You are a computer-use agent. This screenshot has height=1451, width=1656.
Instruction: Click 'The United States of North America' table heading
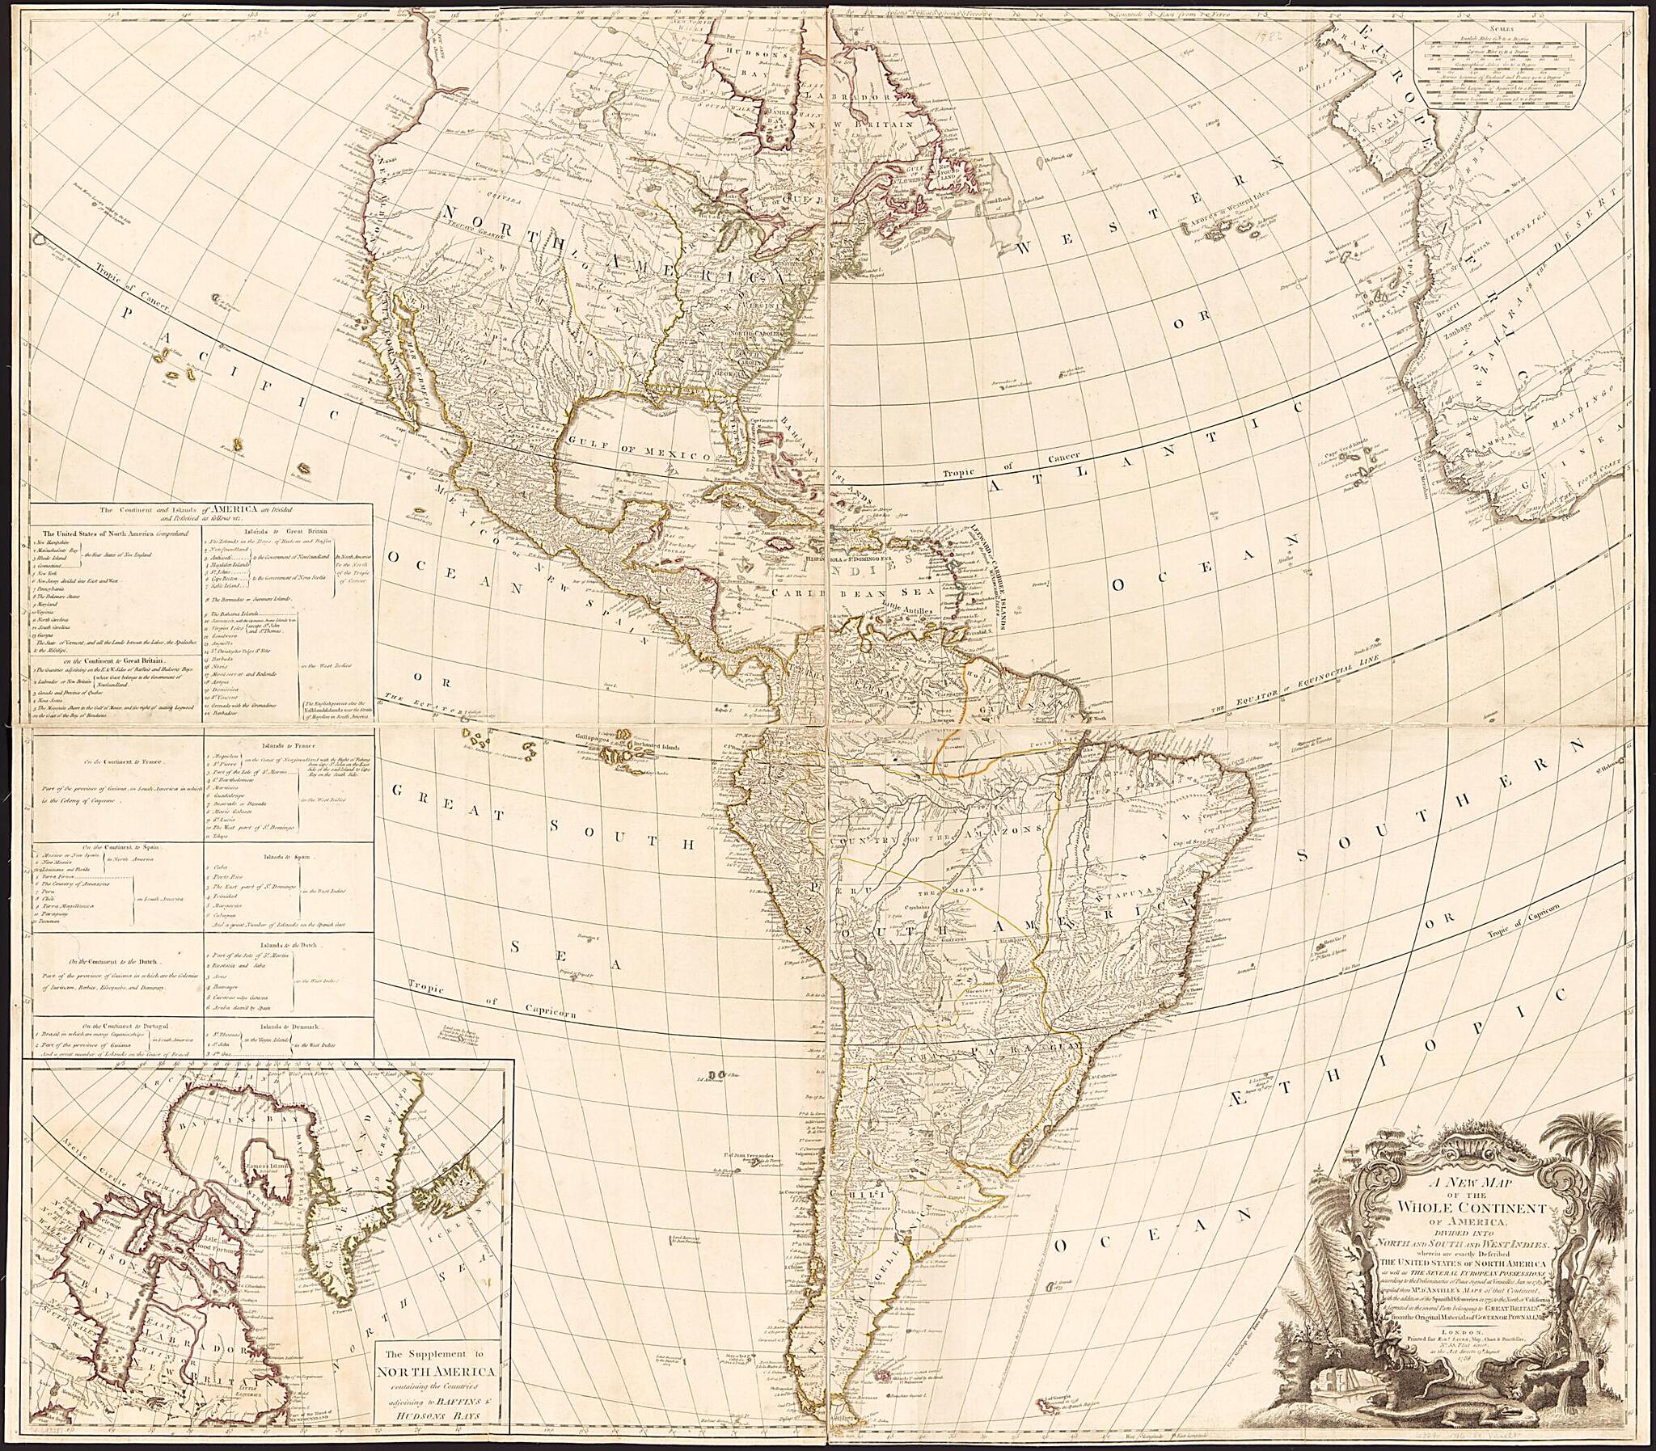(x=113, y=534)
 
